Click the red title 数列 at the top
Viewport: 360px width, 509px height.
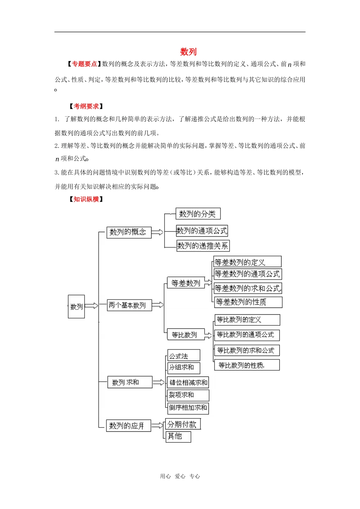click(188, 52)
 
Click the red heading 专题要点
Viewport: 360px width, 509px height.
click(85, 64)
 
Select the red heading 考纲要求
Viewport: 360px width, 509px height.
click(86, 106)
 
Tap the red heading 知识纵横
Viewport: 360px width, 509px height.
click(86, 199)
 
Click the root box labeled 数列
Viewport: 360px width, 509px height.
click(76, 306)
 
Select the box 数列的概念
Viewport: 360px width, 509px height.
click(129, 232)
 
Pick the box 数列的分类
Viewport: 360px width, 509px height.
click(198, 214)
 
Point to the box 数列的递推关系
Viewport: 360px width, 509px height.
click(203, 246)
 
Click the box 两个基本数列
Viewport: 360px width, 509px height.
click(129, 305)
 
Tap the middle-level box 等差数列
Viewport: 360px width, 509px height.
click(186, 283)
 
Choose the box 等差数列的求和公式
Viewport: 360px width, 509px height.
click(248, 289)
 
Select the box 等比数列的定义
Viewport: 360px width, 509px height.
click(247, 320)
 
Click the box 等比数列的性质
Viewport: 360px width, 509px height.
click(247, 365)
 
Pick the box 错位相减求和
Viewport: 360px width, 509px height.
click(188, 383)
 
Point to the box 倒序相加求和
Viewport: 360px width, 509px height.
click(188, 408)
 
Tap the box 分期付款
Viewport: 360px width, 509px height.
click(183, 424)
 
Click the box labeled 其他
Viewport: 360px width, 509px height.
click(178, 437)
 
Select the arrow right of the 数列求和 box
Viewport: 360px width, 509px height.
click(159, 383)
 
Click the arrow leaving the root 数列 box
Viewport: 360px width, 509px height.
click(91, 306)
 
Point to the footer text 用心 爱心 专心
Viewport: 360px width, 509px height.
click(180, 476)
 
